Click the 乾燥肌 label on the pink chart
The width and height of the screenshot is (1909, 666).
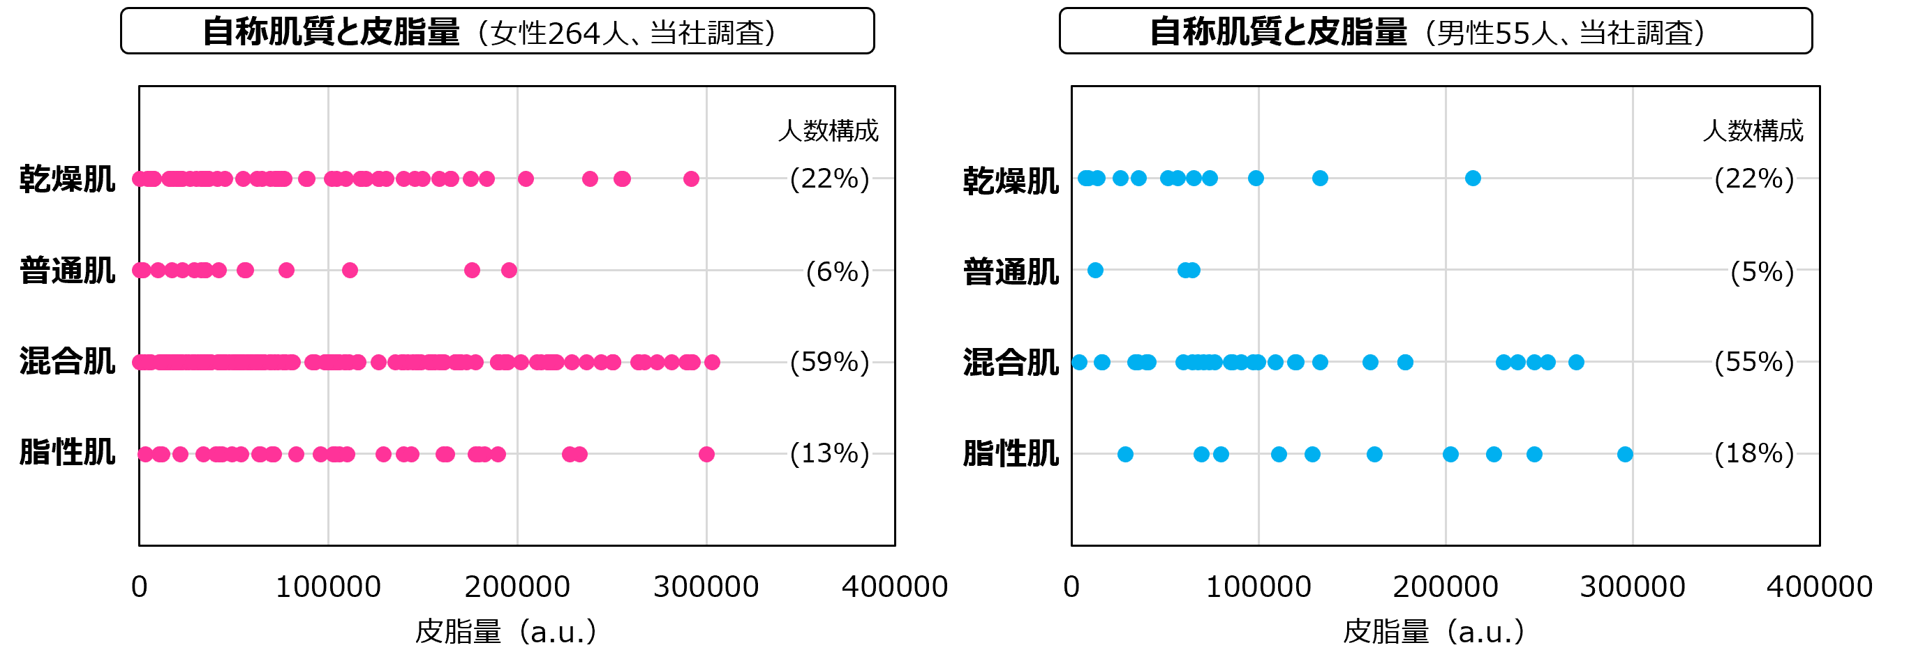67,179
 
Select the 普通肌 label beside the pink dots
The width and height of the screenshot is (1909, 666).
67,270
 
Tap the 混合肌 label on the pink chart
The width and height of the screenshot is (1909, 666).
67,361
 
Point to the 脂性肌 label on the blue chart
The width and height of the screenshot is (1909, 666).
1011,453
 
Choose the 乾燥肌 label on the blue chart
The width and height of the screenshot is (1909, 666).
1011,180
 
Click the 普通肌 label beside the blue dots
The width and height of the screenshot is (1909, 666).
1011,271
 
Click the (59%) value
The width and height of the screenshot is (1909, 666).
829,361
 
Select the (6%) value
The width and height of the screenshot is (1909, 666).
838,271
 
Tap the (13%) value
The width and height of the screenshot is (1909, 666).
829,453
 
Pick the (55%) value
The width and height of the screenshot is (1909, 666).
1754,361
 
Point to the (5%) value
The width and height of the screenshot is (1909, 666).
1762,271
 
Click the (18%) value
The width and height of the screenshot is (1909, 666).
1754,453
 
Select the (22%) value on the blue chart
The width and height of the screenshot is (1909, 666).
1754,179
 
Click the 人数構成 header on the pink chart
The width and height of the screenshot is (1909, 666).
828,130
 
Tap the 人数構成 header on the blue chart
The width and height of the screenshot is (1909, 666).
1753,130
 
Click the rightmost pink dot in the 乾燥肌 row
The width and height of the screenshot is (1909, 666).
691,179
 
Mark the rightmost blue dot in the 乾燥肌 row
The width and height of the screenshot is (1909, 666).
1473,178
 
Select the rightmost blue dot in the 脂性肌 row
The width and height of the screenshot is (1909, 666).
1624,453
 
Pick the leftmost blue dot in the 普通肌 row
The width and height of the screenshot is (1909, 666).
1095,271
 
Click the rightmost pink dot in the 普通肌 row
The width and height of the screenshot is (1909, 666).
508,271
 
